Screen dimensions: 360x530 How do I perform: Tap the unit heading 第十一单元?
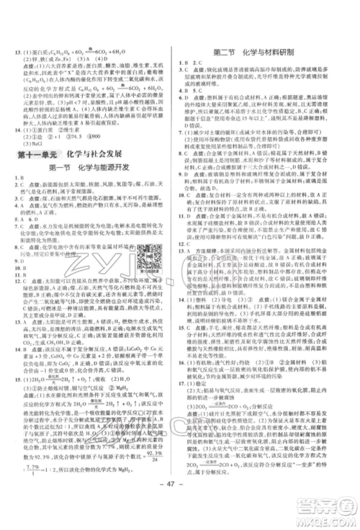[36, 154]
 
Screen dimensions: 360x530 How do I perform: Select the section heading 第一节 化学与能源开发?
[90, 169]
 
